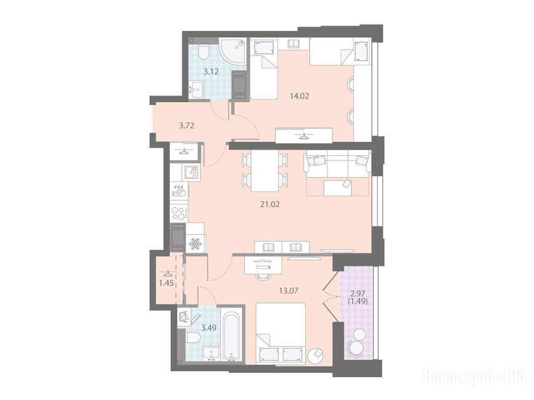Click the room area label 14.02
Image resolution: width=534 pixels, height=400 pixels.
tap(299, 96)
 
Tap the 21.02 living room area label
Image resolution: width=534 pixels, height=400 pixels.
tap(270, 204)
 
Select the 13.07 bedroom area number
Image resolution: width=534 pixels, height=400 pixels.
tap(289, 290)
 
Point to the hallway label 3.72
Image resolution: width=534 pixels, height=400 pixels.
tap(187, 125)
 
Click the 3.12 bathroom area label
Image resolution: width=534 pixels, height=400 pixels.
tap(211, 71)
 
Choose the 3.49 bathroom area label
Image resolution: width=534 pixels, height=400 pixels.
tap(209, 328)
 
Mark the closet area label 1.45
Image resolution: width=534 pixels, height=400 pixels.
tap(166, 283)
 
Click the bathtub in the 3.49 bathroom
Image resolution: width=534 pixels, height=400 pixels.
tap(232, 334)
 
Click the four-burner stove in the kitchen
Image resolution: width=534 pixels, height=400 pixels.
tap(178, 214)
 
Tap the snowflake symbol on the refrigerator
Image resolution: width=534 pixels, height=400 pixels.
tap(196, 244)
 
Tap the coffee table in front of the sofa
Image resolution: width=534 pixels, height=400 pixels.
tap(338, 188)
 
